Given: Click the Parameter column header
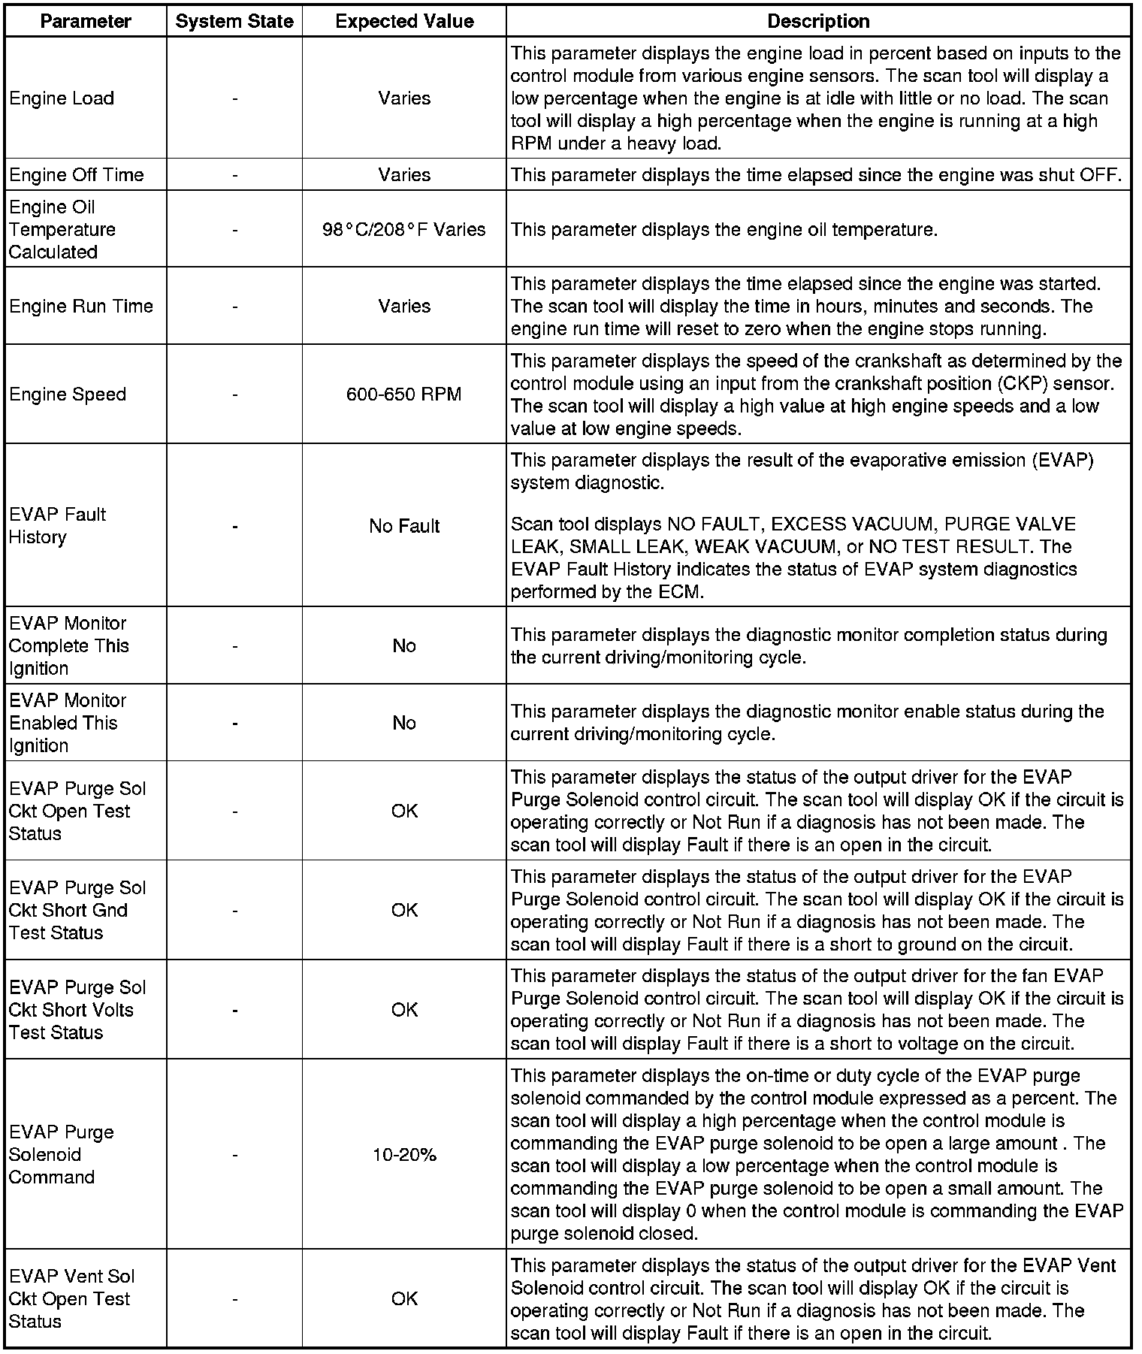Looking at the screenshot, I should click(85, 21).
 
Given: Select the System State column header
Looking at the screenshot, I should click(234, 21).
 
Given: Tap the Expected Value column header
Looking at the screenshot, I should click(404, 21).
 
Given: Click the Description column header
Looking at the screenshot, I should click(818, 21).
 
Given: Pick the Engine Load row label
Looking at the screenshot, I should click(62, 98).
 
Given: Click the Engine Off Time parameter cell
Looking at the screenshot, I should click(77, 175).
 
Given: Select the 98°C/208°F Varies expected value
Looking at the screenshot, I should click(404, 229).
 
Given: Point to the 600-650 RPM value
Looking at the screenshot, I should click(404, 394).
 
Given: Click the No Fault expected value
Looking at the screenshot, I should click(404, 526).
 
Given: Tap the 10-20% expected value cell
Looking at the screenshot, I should click(404, 1155).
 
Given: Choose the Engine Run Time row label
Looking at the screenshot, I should click(81, 307).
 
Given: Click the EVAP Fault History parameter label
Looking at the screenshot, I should click(57, 526).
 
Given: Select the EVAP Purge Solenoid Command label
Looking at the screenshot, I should click(62, 1155).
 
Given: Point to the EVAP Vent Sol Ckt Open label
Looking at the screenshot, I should click(71, 1298).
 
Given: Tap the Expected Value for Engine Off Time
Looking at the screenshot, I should click(404, 175).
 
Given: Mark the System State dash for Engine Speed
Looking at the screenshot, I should click(235, 394).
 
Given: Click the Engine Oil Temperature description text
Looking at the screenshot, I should click(724, 229).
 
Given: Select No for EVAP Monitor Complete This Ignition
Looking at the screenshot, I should click(404, 646).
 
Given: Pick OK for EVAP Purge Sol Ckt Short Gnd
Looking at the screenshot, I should click(404, 911).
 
